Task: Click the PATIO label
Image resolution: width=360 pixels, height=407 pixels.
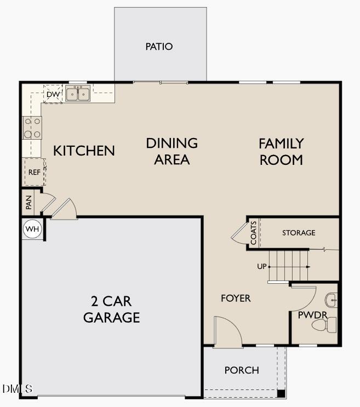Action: tap(159, 47)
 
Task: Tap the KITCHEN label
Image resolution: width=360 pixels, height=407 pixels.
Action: tap(84, 151)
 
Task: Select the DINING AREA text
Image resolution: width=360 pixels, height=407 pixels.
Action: tap(172, 151)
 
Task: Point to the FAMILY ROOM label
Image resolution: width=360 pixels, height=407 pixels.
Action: tap(281, 152)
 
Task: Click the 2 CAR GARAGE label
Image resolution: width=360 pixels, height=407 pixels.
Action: tap(111, 309)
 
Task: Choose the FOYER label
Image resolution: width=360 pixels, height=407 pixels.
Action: tap(236, 298)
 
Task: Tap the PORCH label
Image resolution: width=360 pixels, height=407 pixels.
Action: tap(242, 370)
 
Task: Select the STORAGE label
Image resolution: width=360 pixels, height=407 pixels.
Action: tap(299, 233)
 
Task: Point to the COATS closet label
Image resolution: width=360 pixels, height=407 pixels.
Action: tap(254, 233)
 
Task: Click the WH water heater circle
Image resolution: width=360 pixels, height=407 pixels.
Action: tap(32, 229)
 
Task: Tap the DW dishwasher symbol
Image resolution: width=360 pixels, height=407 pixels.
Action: tap(53, 94)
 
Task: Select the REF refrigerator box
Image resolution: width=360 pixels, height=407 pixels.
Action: tap(34, 172)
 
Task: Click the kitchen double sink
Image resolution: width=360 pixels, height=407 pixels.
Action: tap(78, 94)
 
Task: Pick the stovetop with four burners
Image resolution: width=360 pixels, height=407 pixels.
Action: tap(32, 128)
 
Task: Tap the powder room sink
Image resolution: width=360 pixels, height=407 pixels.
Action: tap(331, 300)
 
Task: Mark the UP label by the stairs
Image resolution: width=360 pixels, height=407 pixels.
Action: tap(261, 267)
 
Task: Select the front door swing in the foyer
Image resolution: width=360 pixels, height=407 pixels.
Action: tap(227, 332)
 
